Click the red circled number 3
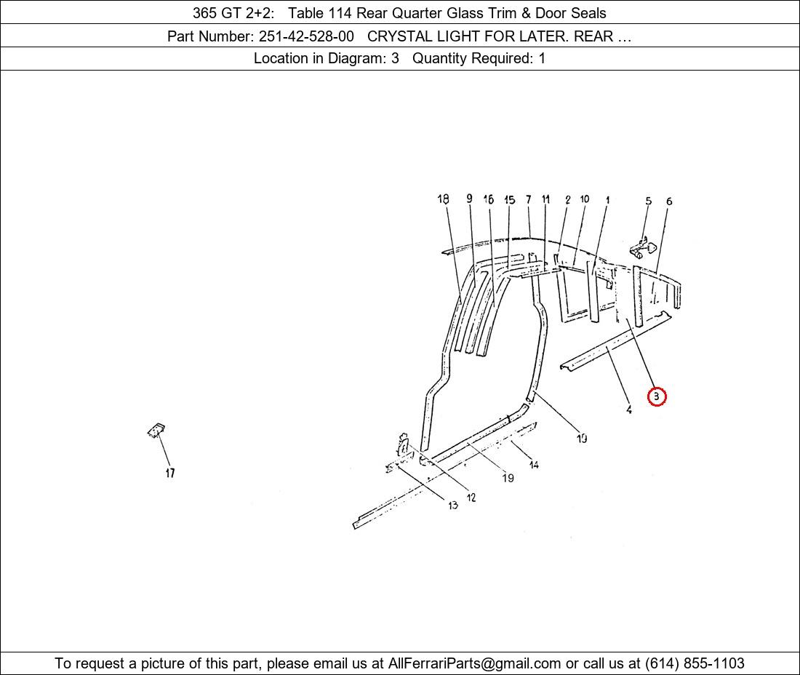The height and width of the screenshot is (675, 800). pos(657,396)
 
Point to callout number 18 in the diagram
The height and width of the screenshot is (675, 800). pos(443,199)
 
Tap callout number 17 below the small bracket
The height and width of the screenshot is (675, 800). pos(170,473)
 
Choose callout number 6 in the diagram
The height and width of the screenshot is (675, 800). pos(669,201)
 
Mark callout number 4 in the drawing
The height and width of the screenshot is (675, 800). pos(629,410)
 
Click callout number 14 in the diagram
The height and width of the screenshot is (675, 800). pos(534,464)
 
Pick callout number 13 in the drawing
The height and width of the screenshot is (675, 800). pos(453,505)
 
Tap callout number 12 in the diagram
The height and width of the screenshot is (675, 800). pos(471,498)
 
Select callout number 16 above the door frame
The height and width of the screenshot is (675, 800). pos(488,199)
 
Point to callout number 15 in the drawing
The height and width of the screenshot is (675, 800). pos(509,199)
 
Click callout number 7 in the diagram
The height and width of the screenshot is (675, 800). pos(529,199)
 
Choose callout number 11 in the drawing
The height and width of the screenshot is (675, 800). pos(546,199)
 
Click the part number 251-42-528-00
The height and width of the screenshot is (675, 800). pos(306,36)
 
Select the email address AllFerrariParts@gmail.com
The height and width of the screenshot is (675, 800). pos(474,663)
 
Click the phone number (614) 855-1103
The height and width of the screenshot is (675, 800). pos(695,663)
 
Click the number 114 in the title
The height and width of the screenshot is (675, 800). pos(340,13)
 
